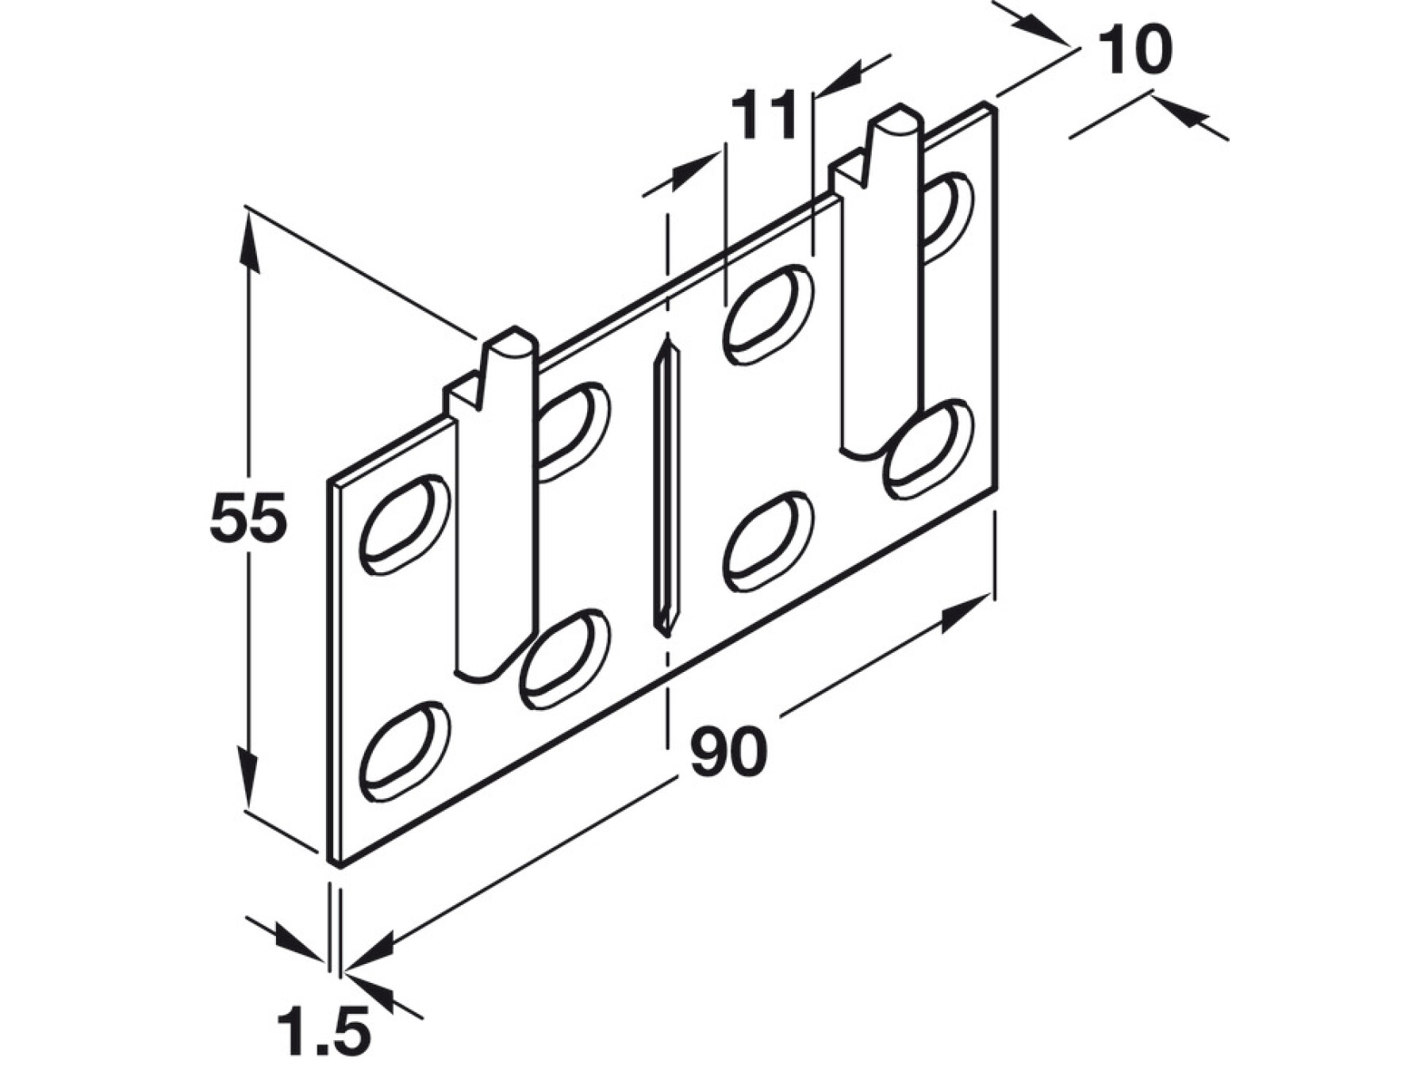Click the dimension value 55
pos(248,517)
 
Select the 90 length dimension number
pos(728,751)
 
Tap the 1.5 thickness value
pos(324,1031)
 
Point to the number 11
pos(763,116)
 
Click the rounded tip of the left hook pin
pos(512,342)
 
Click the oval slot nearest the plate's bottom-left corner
pos(405,750)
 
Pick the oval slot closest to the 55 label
pos(405,524)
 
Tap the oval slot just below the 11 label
pos(768,314)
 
